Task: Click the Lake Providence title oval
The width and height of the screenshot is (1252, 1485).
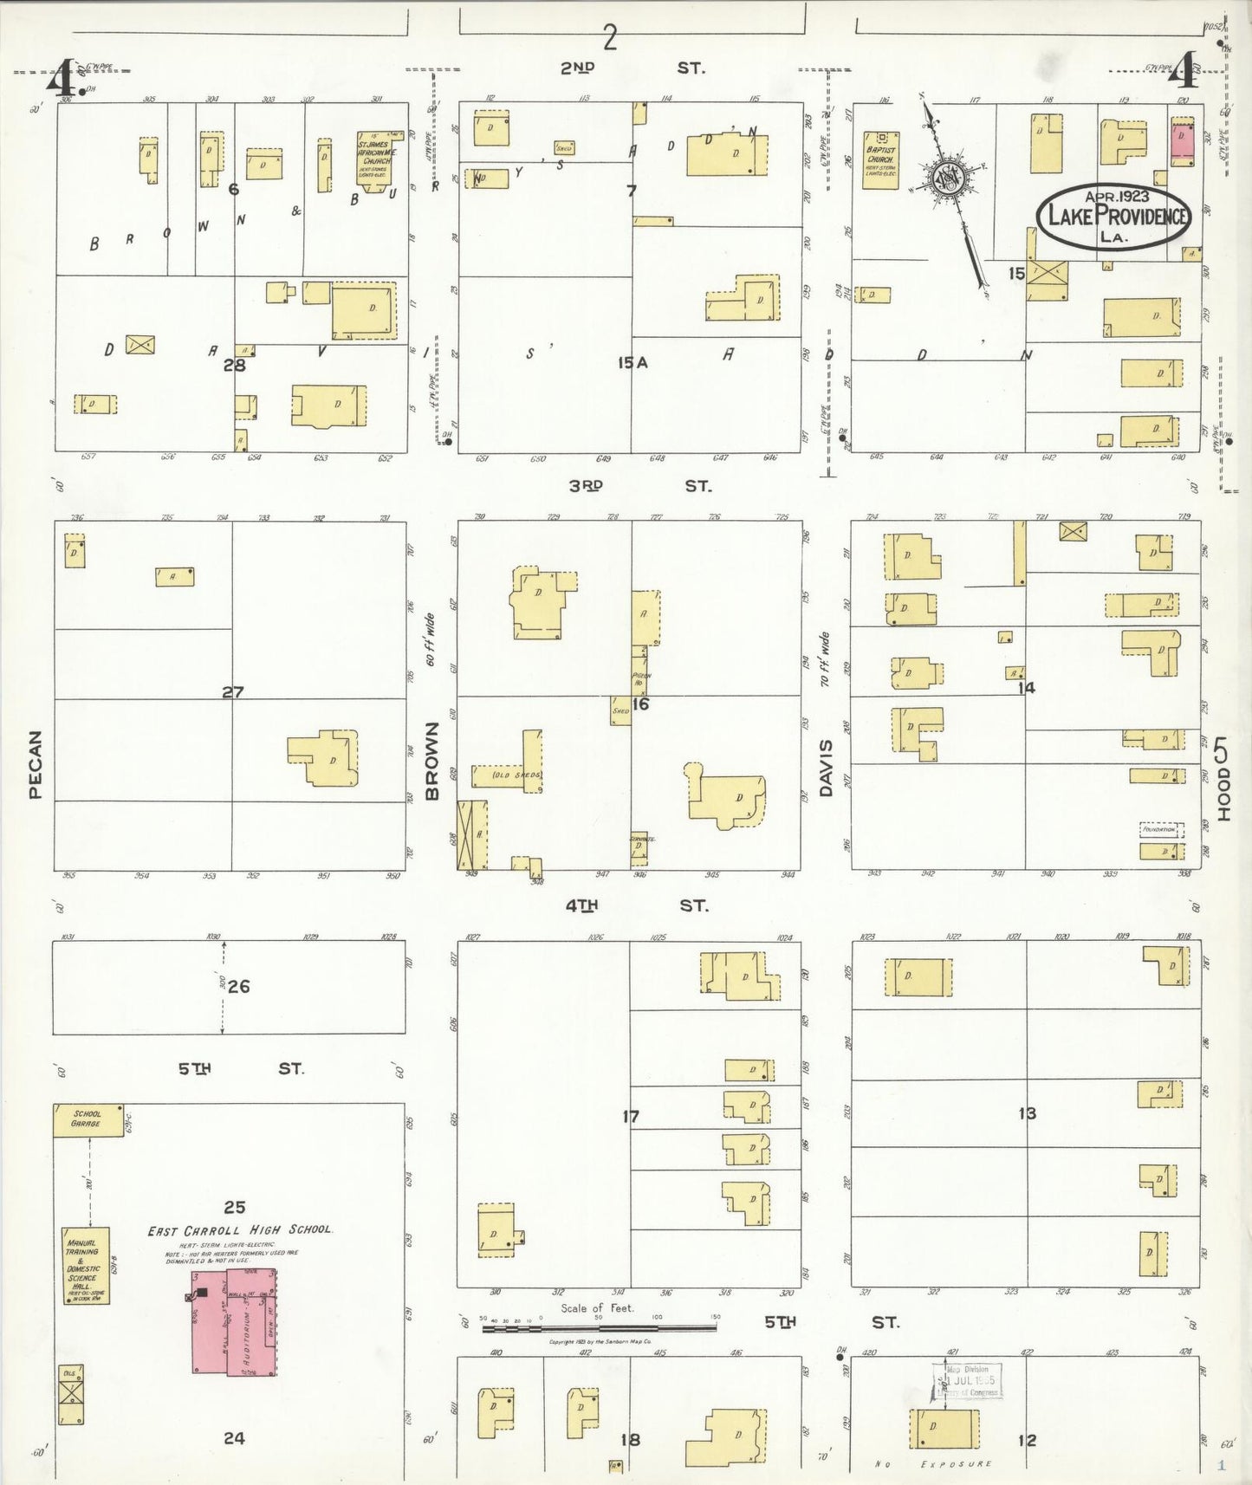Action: click(1113, 217)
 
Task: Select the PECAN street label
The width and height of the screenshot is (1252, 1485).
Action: click(36, 764)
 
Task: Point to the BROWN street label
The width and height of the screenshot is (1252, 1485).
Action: click(432, 760)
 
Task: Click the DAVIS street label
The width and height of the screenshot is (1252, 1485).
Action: click(826, 768)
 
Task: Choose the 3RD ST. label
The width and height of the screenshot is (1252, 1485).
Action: click(639, 486)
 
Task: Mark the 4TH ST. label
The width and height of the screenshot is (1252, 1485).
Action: click(636, 905)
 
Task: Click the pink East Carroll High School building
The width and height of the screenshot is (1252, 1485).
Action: click(234, 1321)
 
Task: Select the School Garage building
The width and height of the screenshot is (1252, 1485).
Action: click(88, 1119)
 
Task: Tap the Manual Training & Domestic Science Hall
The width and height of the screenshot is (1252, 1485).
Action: click(85, 1265)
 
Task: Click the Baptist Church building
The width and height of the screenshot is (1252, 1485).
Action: click(880, 160)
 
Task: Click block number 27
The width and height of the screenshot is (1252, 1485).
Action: click(232, 692)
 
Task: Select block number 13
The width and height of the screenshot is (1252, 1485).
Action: click(1027, 1113)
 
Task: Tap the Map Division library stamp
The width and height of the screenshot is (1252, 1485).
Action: click(967, 1380)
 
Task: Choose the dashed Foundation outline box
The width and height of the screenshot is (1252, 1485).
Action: click(1161, 829)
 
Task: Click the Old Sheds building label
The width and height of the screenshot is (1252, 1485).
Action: click(516, 775)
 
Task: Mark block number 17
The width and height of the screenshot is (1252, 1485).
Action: click(630, 1117)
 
